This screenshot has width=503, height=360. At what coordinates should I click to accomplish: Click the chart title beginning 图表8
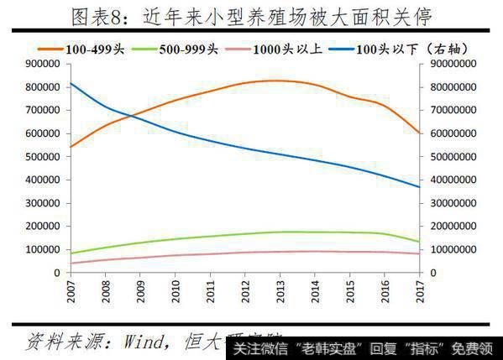(251, 16)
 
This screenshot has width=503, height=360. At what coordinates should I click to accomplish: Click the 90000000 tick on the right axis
(453, 64)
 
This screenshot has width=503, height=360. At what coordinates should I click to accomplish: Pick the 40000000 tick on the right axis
(453, 180)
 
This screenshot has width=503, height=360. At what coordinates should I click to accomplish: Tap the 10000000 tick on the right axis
(453, 250)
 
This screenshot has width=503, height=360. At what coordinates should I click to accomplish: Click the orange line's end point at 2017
(418, 133)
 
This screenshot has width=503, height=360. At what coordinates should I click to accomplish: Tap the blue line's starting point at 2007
(70, 83)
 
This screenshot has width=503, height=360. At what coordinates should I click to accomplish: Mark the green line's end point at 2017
(418, 242)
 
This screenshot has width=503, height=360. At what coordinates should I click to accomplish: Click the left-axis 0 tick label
(59, 274)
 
